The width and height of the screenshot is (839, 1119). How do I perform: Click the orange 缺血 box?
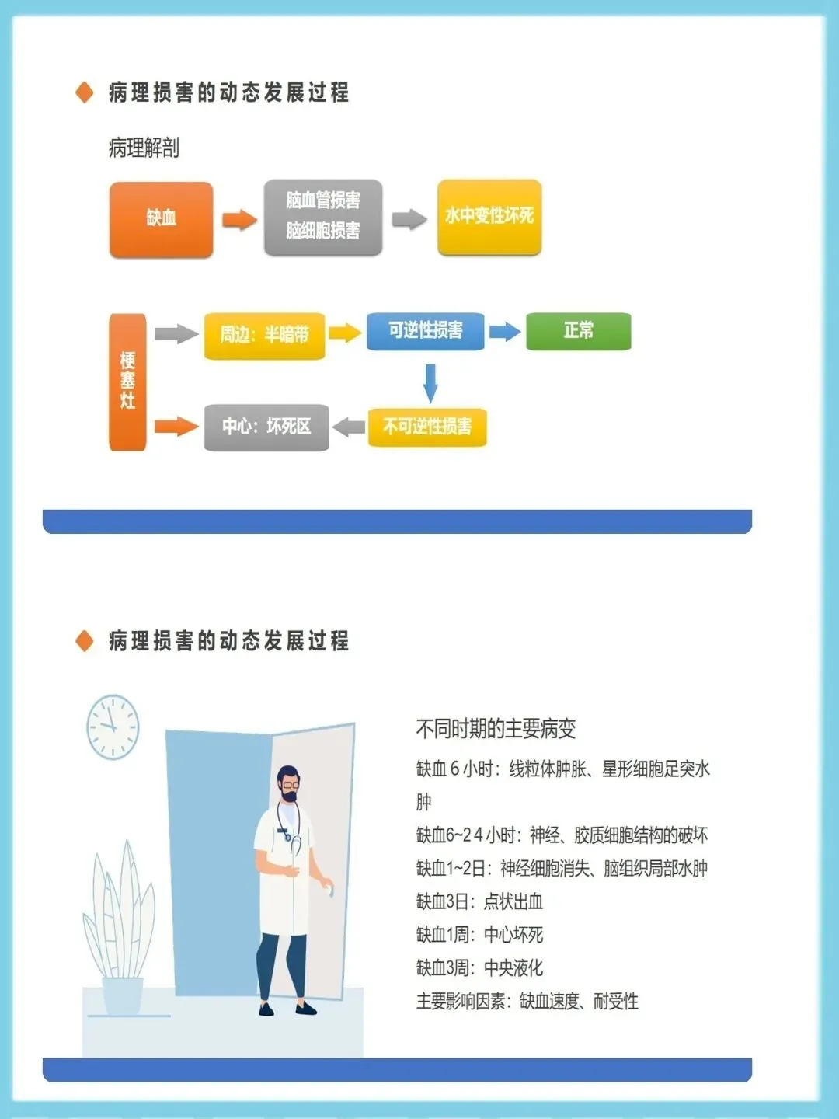pyautogui.click(x=161, y=219)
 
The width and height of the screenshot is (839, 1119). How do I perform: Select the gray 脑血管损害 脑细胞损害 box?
pyautogui.click(x=323, y=217)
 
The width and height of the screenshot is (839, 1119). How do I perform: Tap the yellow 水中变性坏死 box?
pyautogui.click(x=489, y=217)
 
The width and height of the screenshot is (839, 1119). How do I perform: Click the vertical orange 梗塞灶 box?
pyautogui.click(x=127, y=382)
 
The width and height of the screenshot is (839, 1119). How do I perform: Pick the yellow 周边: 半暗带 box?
pyautogui.click(x=264, y=336)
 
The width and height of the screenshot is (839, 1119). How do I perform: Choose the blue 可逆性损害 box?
pyautogui.click(x=425, y=331)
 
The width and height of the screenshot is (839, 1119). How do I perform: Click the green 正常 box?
pyautogui.click(x=578, y=331)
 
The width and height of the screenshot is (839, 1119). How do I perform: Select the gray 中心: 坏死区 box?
pyautogui.click(x=266, y=427)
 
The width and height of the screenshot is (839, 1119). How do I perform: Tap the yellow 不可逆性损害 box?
pyautogui.click(x=427, y=427)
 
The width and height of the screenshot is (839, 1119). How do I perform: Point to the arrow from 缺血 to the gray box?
pyautogui.click(x=238, y=220)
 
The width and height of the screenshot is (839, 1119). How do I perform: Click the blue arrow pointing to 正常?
pyautogui.click(x=505, y=332)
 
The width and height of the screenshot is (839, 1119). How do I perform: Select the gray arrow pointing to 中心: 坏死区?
pyautogui.click(x=349, y=427)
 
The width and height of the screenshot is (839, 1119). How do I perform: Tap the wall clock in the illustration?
pyautogui.click(x=113, y=726)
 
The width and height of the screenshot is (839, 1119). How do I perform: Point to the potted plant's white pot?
pyautogui.click(x=123, y=995)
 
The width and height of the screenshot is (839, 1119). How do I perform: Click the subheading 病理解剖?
pyautogui.click(x=144, y=148)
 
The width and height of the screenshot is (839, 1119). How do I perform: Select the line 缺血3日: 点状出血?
pyautogui.click(x=479, y=901)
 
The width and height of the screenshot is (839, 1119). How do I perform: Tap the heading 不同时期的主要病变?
pyautogui.click(x=496, y=729)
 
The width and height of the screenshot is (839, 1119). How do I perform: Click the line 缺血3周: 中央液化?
pyautogui.click(x=479, y=968)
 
